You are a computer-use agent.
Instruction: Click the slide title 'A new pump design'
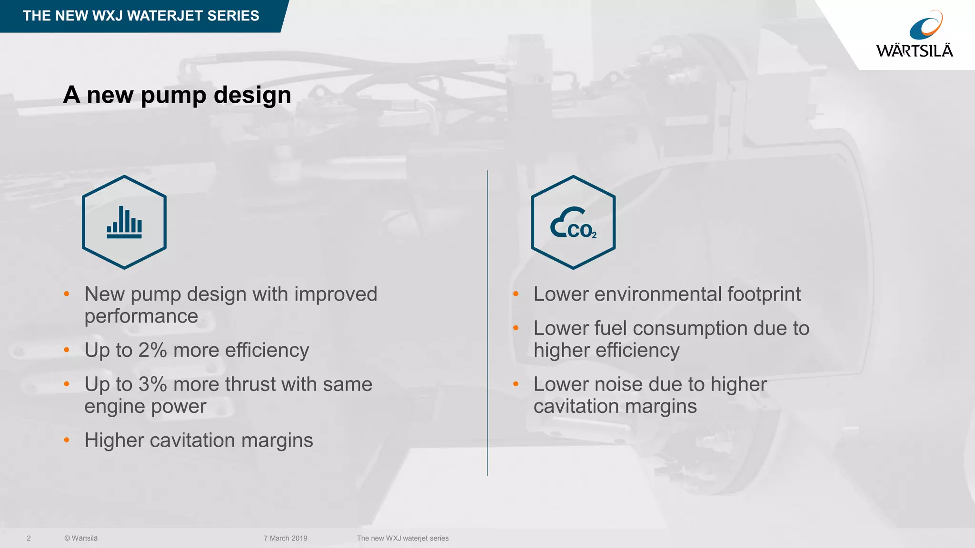tap(177, 95)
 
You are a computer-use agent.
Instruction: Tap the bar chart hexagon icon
tap(124, 222)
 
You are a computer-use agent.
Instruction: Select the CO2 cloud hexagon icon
tap(573, 222)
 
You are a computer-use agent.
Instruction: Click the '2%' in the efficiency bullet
tap(152, 351)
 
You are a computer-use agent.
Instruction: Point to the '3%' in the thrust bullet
tap(152, 384)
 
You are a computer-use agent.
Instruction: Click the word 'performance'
tap(141, 316)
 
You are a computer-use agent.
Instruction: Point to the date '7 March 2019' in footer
tap(285, 538)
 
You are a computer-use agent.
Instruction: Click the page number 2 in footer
tap(29, 538)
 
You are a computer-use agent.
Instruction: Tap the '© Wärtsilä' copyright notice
tap(81, 538)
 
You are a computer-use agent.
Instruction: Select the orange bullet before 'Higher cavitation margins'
tap(67, 440)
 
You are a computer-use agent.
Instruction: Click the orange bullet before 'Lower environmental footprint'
tap(516, 294)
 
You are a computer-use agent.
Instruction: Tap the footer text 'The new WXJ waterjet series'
tap(403, 538)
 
